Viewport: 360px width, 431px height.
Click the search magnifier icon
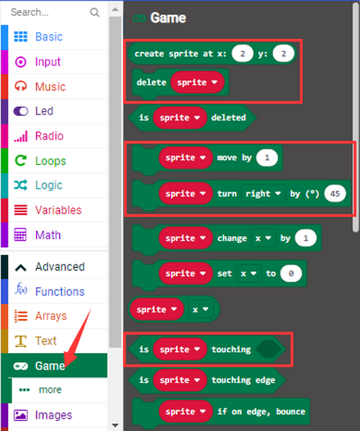(x=94, y=12)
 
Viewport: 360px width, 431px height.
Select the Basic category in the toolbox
(x=49, y=37)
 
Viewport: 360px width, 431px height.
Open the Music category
(x=50, y=86)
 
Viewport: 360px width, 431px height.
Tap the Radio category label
(x=49, y=135)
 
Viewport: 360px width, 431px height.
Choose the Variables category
(x=58, y=210)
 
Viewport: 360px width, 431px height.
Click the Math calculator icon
(x=20, y=235)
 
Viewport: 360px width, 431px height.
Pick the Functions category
(x=60, y=291)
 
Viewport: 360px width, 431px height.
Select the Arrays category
(x=51, y=316)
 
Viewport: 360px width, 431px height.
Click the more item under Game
(x=50, y=389)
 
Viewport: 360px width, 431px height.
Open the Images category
(x=53, y=415)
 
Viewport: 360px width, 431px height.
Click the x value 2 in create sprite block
(x=242, y=53)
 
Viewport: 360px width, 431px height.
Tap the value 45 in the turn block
(x=335, y=193)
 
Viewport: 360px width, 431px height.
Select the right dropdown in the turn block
(x=263, y=193)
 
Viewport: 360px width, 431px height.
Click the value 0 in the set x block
(x=291, y=273)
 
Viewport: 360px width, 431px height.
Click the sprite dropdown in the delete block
(x=197, y=82)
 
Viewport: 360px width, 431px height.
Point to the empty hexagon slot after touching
(x=269, y=349)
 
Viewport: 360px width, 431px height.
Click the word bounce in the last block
(x=291, y=412)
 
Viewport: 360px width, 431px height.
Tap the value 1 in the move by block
(x=266, y=158)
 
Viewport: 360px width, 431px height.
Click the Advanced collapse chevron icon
(x=21, y=267)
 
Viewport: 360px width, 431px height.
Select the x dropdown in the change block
(x=263, y=238)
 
